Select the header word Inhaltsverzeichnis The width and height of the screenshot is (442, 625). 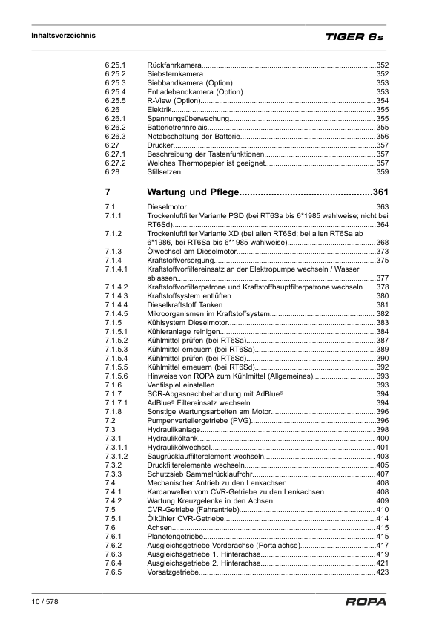(63, 35)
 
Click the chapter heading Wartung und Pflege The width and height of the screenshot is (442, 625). (192, 193)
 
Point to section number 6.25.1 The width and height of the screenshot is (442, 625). (115, 66)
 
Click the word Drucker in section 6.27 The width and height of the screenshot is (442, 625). (161, 145)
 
